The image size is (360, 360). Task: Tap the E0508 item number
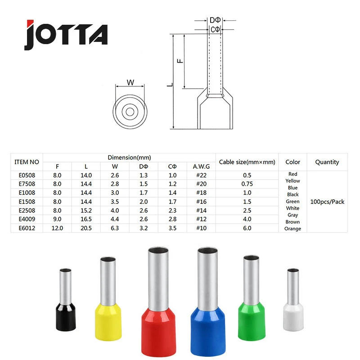pyautogui.click(x=27, y=175)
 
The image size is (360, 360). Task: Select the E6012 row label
pyautogui.click(x=27, y=228)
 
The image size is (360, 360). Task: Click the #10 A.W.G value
pyautogui.click(x=198, y=228)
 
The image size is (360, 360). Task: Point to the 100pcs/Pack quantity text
pyautogui.click(x=327, y=202)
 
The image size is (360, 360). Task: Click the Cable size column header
pyautogui.click(x=247, y=162)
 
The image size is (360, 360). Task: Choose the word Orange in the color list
pyautogui.click(x=292, y=229)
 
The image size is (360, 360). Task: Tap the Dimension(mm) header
pyautogui.click(x=129, y=157)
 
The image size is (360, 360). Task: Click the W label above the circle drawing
pyautogui.click(x=130, y=82)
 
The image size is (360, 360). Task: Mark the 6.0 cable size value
pyautogui.click(x=247, y=228)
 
